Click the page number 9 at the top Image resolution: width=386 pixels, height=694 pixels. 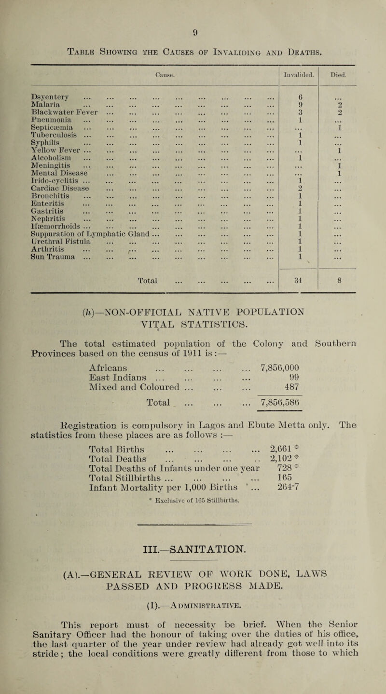[x=193, y=7]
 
